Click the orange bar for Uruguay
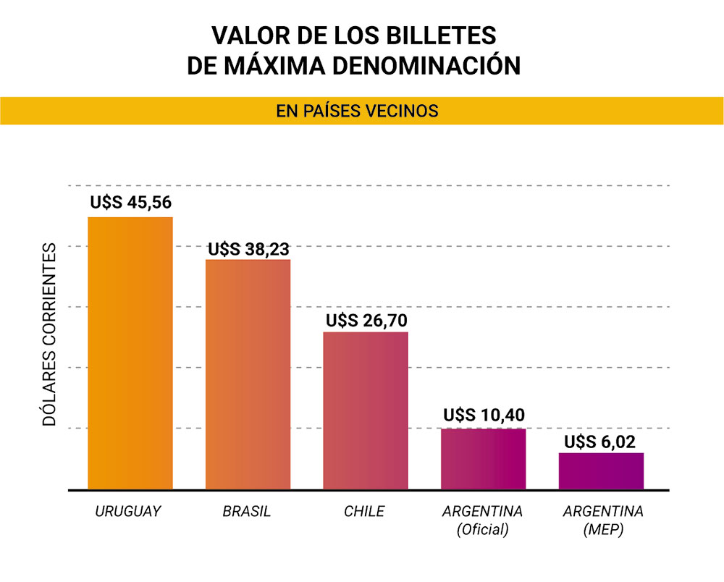[130, 353]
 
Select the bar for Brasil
[248, 374]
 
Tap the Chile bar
[366, 410]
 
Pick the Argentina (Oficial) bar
[483, 459]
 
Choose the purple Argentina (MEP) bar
[601, 471]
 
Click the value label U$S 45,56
[131, 202]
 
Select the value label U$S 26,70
[366, 320]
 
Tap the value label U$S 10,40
[484, 416]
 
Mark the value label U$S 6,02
[601, 441]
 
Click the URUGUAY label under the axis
[128, 512]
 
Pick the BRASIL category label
[247, 512]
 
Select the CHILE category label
[364, 512]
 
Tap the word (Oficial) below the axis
[483, 530]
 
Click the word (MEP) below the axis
[602, 530]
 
